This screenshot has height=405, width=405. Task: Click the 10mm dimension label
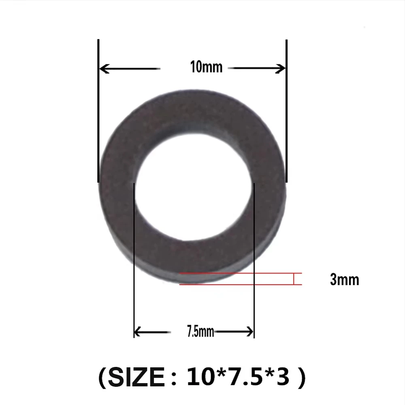[206, 67]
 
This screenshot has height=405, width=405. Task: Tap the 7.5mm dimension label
[200, 331]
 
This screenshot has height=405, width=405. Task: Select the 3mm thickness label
[345, 279]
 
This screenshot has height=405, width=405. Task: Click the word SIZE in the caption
[136, 377]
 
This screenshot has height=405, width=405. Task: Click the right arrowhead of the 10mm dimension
[281, 68]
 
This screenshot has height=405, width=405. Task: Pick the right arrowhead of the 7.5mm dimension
[250, 332]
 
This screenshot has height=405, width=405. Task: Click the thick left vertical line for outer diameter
[98, 111]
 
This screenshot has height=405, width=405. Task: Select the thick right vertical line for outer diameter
[286, 111]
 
